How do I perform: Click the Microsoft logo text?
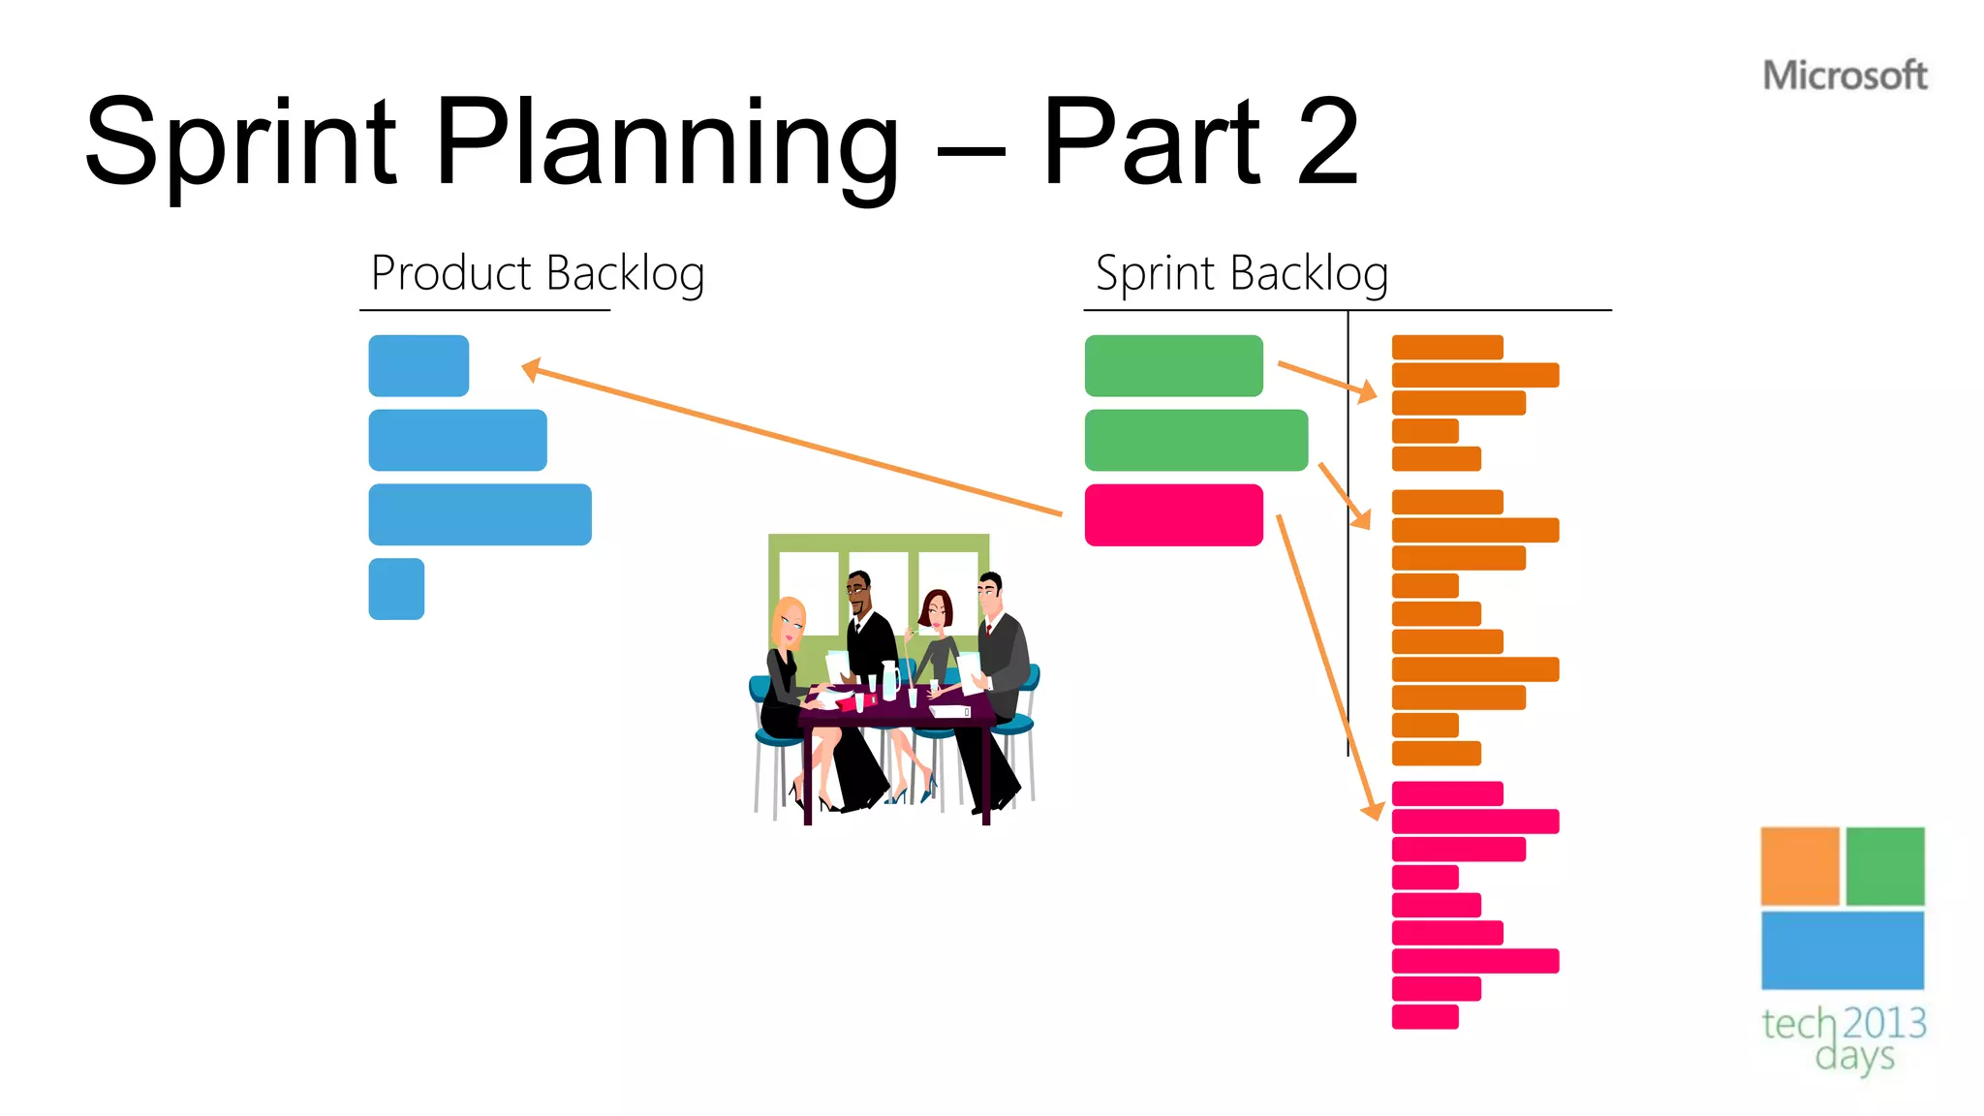click(x=1844, y=76)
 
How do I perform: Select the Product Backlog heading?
click(x=538, y=273)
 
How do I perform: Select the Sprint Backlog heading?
click(x=1241, y=273)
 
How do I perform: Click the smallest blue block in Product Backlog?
click(x=396, y=589)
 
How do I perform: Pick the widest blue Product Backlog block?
click(x=480, y=514)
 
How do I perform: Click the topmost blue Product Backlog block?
click(x=418, y=365)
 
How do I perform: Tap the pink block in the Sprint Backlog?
click(x=1173, y=514)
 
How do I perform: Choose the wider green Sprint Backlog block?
click(x=1195, y=440)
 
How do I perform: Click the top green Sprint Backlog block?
click(x=1173, y=365)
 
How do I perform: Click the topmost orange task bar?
click(x=1446, y=347)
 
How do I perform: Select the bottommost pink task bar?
click(x=1424, y=1016)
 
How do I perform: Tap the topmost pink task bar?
click(x=1446, y=793)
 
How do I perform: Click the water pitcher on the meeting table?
click(x=889, y=680)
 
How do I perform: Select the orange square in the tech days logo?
click(x=1799, y=866)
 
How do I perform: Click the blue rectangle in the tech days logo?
click(x=1842, y=950)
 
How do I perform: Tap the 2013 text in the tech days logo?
click(x=1884, y=1023)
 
